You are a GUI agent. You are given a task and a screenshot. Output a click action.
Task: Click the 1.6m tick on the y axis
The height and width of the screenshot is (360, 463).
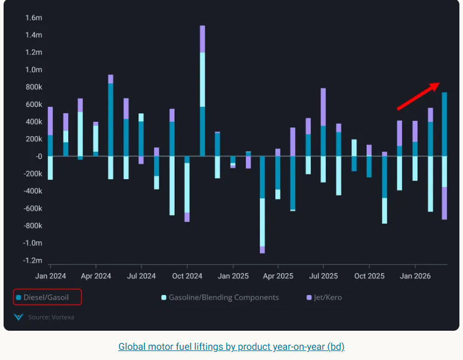pyautogui.click(x=33, y=18)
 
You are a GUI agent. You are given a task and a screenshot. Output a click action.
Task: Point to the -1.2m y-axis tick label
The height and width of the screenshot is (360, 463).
pyautogui.click(x=32, y=260)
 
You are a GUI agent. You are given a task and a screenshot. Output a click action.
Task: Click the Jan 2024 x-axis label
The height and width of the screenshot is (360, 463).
pyautogui.click(x=50, y=276)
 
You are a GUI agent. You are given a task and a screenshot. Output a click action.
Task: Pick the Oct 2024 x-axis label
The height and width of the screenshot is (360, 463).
pyautogui.click(x=187, y=276)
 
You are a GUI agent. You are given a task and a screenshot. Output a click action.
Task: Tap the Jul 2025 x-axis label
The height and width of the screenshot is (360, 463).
pyautogui.click(x=323, y=276)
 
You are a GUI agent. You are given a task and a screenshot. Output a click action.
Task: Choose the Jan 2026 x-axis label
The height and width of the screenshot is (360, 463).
pyautogui.click(x=415, y=276)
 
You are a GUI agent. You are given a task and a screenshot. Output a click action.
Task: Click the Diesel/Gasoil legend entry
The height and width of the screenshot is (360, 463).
pyautogui.click(x=47, y=297)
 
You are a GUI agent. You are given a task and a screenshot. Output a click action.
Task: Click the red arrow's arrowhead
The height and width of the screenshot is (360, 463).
pyautogui.click(x=436, y=85)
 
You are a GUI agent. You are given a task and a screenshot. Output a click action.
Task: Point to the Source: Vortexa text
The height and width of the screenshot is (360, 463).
pyautogui.click(x=51, y=317)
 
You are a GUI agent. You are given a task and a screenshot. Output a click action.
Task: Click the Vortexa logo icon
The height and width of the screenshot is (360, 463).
pyautogui.click(x=18, y=317)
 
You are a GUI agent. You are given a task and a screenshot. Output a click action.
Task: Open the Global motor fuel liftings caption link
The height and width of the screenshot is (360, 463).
pyautogui.click(x=231, y=346)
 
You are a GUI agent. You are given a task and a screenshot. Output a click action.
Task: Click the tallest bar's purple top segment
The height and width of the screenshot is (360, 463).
pyautogui.click(x=202, y=39)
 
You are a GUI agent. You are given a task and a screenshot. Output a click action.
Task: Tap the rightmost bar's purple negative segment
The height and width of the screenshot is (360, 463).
pyautogui.click(x=445, y=203)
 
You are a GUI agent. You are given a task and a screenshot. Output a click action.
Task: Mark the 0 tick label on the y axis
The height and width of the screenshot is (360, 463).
pyautogui.click(x=38, y=156)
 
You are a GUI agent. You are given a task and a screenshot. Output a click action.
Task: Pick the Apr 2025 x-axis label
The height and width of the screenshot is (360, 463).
pyautogui.click(x=277, y=276)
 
